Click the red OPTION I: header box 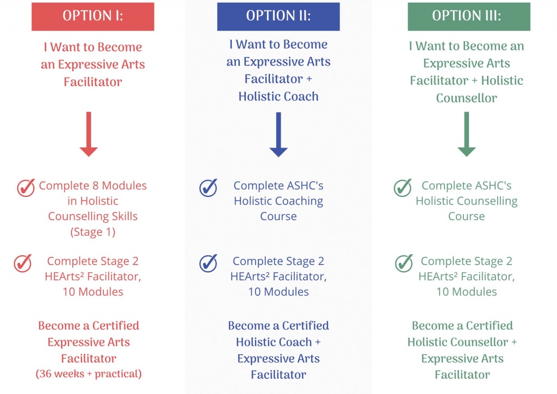coord(92,17)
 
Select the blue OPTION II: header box coord(278,17)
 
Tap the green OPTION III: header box coord(469,17)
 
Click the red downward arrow coord(89,134)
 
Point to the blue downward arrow coord(278,134)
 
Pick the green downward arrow coord(466,134)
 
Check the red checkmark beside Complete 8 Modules coord(26,188)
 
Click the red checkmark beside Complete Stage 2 coord(23,263)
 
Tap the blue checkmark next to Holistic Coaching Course coord(208,188)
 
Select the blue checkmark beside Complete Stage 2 coord(208,263)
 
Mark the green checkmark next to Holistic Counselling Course coord(403,188)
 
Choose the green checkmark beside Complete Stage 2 coord(404,263)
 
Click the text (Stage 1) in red coord(92,232)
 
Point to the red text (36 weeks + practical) coord(89,374)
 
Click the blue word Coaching coord(301,201)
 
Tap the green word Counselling coord(489,201)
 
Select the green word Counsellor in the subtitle coord(466,98)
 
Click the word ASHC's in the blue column coord(305,186)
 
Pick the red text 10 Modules coord(93,292)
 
